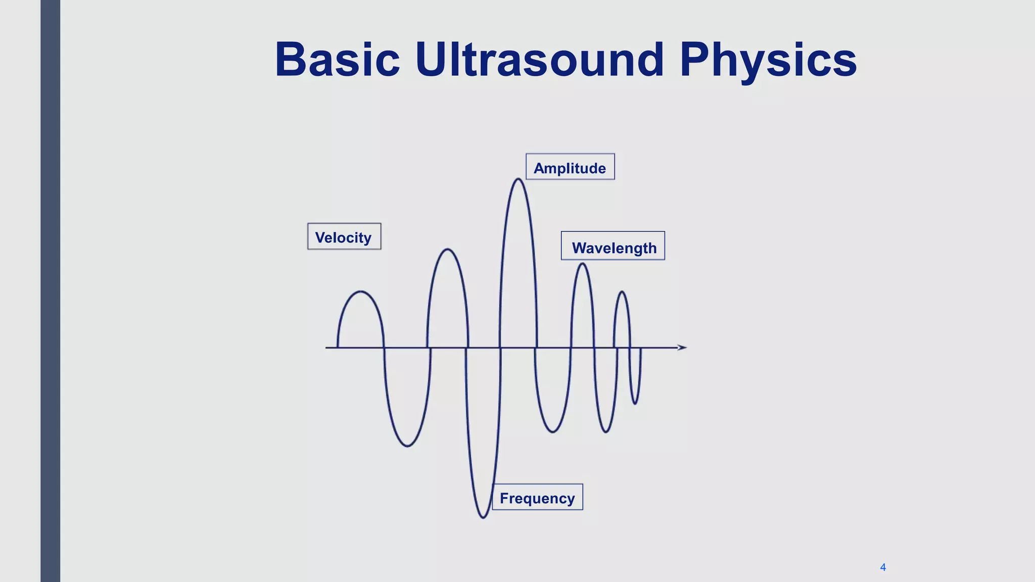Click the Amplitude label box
[570, 167]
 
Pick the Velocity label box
[344, 236]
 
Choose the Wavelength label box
[613, 247]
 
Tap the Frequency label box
[537, 498]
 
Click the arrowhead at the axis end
[682, 348]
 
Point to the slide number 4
[883, 567]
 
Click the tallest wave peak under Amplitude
[518, 179]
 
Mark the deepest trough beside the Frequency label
[483, 517]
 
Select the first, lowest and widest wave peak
[360, 292]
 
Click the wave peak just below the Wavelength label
[582, 264]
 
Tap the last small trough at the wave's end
[636, 403]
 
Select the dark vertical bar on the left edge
[50, 291]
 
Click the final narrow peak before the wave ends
[622, 293]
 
